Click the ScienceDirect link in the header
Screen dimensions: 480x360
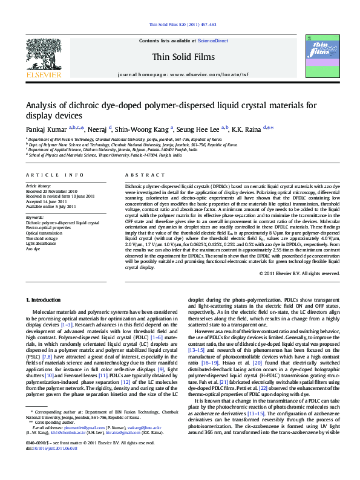click(213, 41)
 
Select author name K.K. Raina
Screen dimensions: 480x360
click(245, 129)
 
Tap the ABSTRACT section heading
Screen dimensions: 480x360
click(136, 174)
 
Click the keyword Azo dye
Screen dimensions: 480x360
click(33, 248)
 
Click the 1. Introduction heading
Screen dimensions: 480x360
click(44, 300)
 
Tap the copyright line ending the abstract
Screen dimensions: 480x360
click(299, 273)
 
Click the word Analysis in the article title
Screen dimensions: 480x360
click(42, 106)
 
